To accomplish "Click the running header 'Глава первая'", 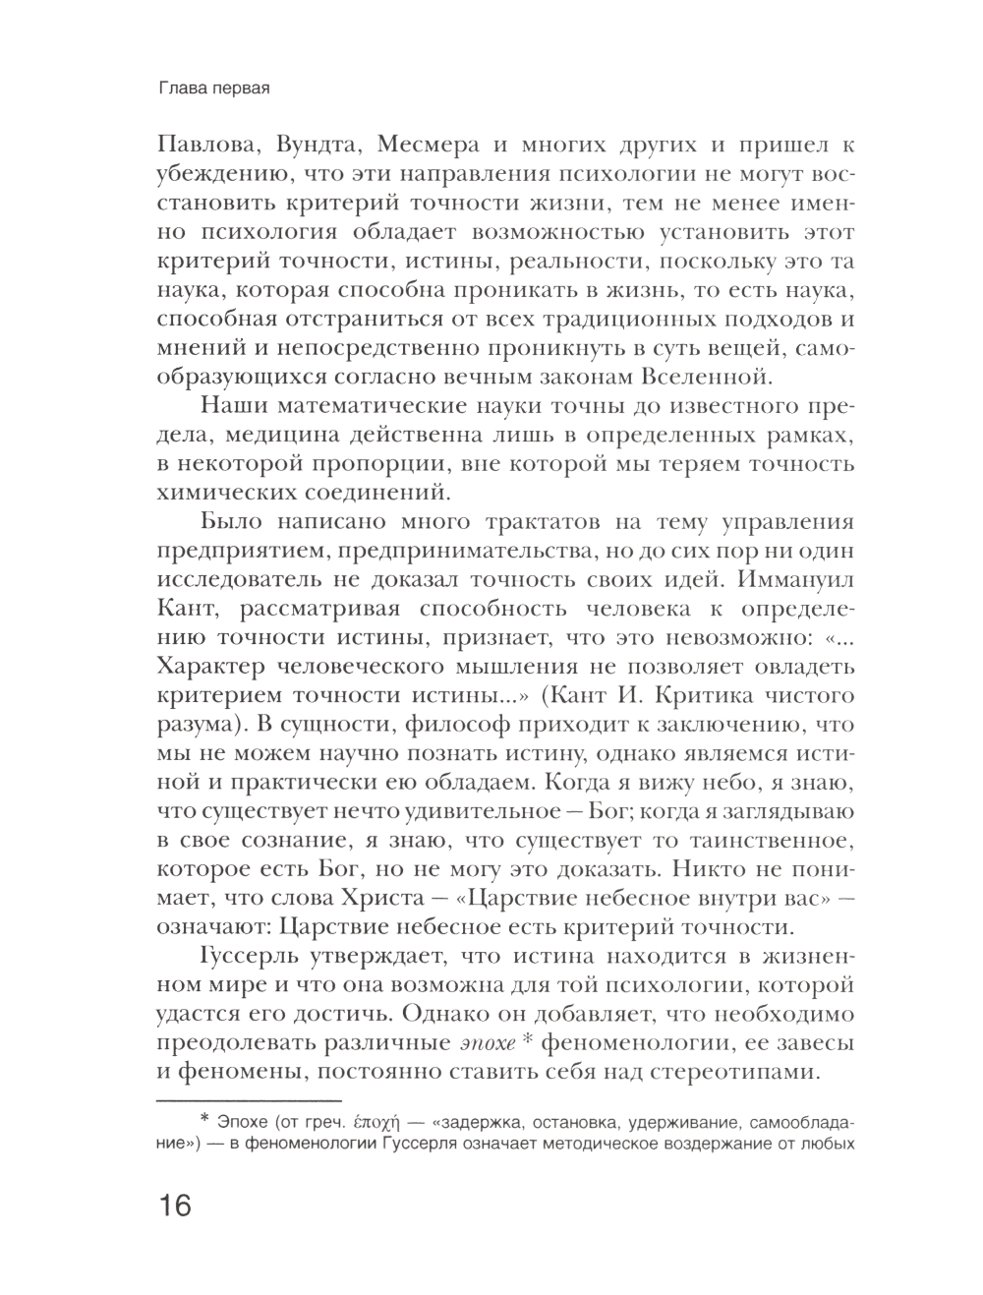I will pyautogui.click(x=213, y=88).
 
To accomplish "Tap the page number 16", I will pyautogui.click(x=170, y=1206).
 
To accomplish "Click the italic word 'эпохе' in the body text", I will pyautogui.click(x=491, y=1043).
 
